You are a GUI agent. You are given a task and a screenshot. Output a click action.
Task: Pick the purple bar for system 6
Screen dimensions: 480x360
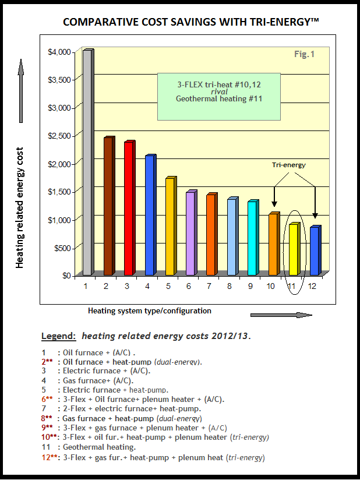[x=190, y=233]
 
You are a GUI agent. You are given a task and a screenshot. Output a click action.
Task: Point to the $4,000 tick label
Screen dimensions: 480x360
[x=59, y=52]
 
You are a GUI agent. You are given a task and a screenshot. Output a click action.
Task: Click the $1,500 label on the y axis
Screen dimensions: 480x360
[x=59, y=192]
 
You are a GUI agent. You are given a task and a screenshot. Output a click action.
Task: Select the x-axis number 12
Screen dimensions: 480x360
[x=313, y=286]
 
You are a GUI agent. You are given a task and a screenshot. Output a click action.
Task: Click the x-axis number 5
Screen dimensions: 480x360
[x=168, y=286]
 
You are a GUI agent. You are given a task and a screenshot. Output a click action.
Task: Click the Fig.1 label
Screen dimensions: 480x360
[x=304, y=55]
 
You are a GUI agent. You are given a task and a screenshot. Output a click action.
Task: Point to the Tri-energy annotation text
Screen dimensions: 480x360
[x=288, y=165]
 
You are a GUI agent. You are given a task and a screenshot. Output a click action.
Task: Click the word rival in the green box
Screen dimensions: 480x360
[x=219, y=91]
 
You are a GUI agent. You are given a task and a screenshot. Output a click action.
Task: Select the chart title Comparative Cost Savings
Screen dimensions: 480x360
[x=191, y=22]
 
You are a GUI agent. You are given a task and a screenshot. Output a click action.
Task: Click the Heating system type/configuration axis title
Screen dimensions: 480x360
[x=150, y=310]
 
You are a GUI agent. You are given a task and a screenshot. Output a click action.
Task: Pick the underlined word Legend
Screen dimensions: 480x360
[x=58, y=336]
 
